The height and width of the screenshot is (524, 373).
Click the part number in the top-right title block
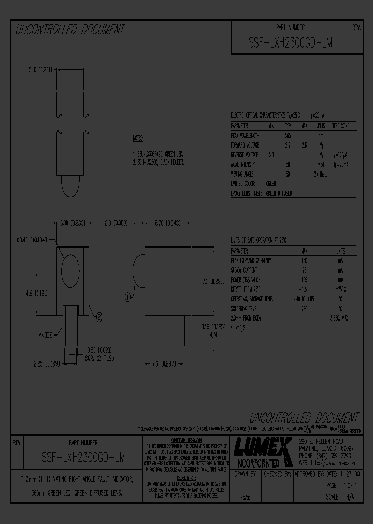290,43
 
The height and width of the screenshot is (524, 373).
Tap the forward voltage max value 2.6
305,145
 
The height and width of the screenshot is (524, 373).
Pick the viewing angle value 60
288,174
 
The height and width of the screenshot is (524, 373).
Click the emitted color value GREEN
271,184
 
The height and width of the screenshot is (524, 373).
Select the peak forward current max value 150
305,260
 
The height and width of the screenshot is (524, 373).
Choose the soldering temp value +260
304,309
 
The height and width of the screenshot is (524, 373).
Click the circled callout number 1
127,297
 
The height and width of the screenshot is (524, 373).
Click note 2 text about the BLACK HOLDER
158,162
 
